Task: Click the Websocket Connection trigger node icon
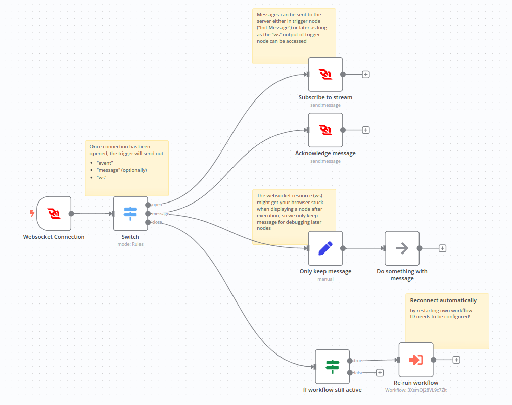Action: [x=54, y=214]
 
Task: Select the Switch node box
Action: [x=130, y=214]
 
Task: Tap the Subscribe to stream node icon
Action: [x=325, y=74]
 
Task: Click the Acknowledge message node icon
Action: [x=325, y=130]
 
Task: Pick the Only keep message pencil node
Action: [x=325, y=248]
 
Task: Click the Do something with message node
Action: [x=402, y=248]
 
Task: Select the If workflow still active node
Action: [x=332, y=367]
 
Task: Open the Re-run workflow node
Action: [x=416, y=360]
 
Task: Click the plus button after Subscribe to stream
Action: [x=366, y=74]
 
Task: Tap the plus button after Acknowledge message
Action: [x=366, y=130]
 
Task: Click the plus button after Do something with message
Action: [x=442, y=248]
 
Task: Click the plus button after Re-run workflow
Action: [x=456, y=360]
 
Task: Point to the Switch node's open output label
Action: [x=157, y=205]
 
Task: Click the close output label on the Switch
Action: [x=157, y=222]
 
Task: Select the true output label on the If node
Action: [x=358, y=361]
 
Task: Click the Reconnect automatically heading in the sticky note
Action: [x=443, y=300]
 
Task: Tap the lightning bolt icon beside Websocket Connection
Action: [x=32, y=214]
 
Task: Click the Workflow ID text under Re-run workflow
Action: [x=416, y=390]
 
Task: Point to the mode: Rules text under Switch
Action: [x=130, y=244]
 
